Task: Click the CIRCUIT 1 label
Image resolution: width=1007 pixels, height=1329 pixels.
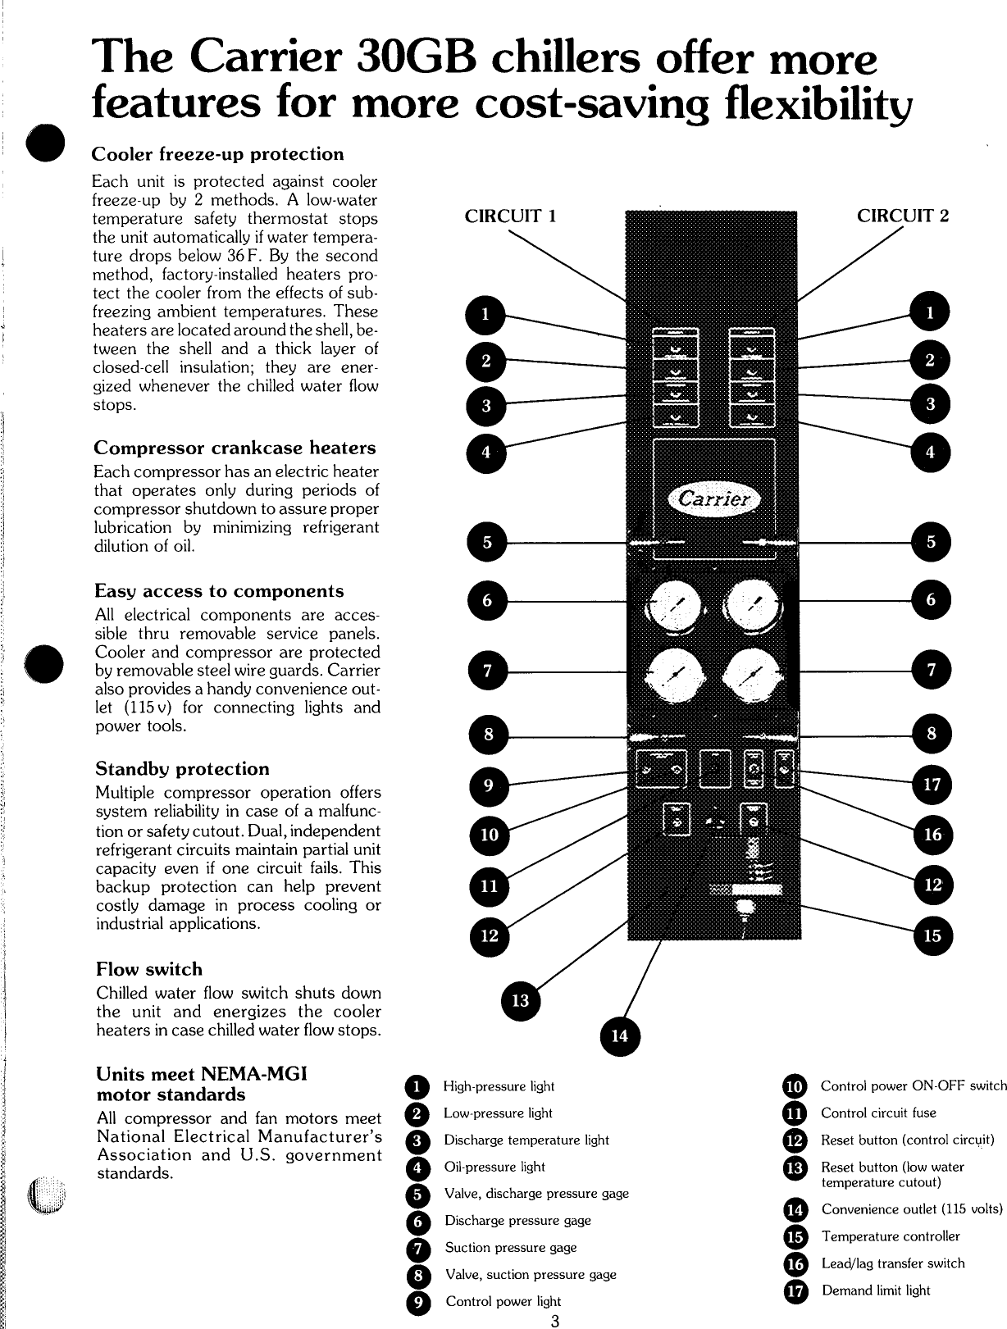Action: click(x=511, y=216)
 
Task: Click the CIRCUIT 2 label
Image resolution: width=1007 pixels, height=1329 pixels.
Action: click(x=903, y=216)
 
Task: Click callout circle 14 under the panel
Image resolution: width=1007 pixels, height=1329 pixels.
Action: click(x=620, y=1036)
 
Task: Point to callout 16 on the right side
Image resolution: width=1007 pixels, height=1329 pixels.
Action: click(x=932, y=835)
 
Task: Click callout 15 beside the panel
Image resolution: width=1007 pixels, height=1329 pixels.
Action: click(x=932, y=935)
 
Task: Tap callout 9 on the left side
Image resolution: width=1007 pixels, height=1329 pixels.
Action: click(x=487, y=786)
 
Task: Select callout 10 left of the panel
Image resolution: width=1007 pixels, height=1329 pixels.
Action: click(x=489, y=835)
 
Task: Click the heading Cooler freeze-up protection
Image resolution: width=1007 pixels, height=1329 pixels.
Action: click(x=217, y=154)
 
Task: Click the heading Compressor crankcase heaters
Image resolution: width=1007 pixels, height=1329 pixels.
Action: click(x=235, y=448)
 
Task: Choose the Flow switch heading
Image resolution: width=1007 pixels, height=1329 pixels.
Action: click(x=148, y=969)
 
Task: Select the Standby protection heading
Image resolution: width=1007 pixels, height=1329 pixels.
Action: click(x=182, y=769)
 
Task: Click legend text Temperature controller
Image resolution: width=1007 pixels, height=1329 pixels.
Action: click(x=890, y=1236)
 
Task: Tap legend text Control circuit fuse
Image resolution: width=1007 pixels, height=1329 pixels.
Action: click(x=878, y=1113)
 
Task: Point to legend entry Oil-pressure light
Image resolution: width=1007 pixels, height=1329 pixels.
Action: click(x=494, y=1167)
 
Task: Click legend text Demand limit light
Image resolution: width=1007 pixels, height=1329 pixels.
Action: click(x=876, y=1290)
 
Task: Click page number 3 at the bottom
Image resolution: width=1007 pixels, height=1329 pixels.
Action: click(x=555, y=1320)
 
